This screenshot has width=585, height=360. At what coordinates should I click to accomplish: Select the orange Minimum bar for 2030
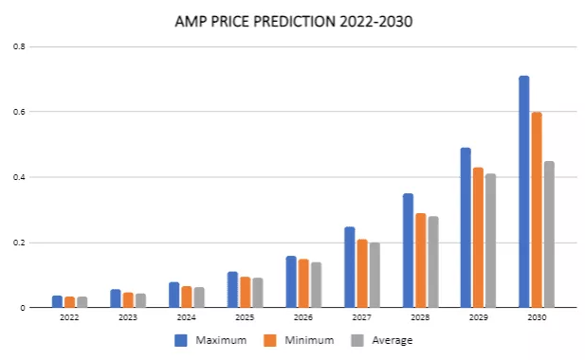537,209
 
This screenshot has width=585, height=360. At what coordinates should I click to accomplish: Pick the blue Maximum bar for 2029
466,227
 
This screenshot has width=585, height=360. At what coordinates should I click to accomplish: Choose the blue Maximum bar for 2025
232,289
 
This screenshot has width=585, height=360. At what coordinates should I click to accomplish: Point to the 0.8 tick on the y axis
20,47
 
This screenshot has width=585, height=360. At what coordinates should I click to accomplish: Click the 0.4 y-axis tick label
20,177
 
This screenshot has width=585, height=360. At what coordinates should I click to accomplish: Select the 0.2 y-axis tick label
20,243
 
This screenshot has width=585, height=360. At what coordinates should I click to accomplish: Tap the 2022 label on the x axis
69,317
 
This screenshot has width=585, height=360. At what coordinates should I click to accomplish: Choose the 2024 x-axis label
186,317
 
